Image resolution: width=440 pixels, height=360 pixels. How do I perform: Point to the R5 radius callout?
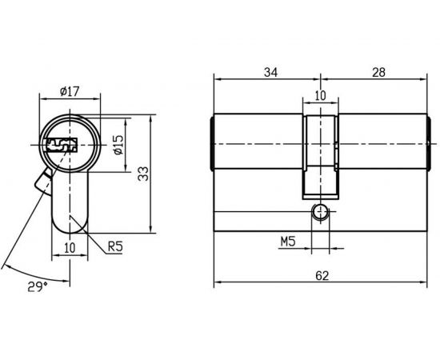(117, 247)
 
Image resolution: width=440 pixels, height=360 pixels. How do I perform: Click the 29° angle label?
(36, 286)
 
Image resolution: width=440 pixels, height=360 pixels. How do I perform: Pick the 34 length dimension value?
(270, 73)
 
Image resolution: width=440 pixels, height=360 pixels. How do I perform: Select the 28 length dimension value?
(378, 73)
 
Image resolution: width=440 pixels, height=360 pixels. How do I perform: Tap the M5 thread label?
(289, 241)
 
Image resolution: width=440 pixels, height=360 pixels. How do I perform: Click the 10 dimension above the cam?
(320, 95)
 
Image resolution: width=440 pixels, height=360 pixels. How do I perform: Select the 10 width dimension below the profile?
(69, 248)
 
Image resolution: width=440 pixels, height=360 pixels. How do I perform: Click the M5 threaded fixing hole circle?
(320, 213)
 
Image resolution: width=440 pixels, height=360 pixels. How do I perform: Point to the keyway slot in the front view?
(61, 146)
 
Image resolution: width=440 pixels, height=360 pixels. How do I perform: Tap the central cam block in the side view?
(320, 156)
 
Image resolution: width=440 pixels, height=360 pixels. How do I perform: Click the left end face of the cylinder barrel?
(213, 144)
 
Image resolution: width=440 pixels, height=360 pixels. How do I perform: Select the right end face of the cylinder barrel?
(428, 144)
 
